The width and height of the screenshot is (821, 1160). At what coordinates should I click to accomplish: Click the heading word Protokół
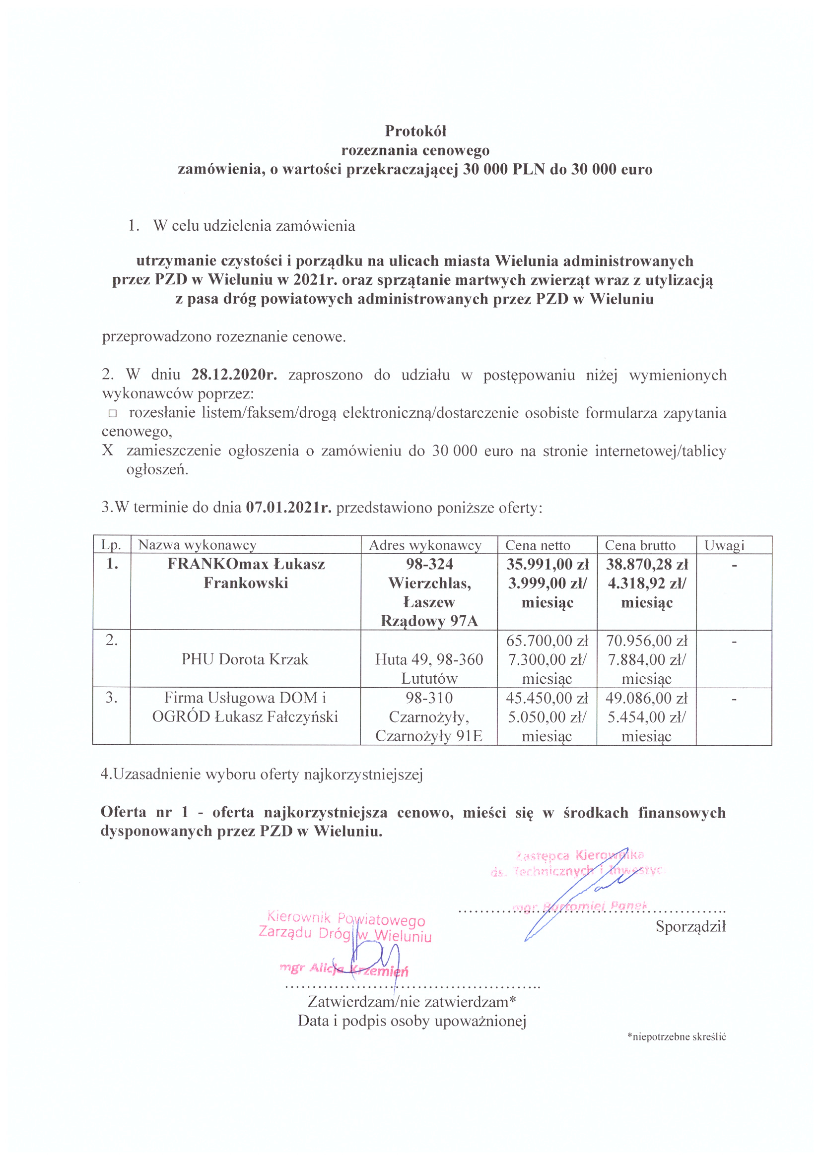(415, 131)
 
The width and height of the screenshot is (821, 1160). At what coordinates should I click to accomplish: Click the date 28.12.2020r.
(234, 375)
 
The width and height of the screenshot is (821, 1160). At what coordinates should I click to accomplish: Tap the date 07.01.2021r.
(289, 507)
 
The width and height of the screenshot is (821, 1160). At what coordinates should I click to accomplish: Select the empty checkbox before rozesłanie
(112, 413)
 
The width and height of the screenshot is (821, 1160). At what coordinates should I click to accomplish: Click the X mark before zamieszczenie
(108, 450)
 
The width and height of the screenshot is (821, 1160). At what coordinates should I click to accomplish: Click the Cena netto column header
(538, 545)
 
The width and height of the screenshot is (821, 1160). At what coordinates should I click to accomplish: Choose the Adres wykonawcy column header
(425, 545)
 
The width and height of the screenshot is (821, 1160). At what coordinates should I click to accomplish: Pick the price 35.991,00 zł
(547, 564)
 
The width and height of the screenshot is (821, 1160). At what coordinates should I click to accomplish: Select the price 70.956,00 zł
(647, 641)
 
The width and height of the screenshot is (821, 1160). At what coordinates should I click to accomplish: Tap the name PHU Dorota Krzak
(245, 659)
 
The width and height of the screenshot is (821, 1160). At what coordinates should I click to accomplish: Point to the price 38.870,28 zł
(647, 564)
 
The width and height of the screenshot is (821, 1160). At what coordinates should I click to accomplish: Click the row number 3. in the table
(111, 698)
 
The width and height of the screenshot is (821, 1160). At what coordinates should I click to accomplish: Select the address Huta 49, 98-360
(429, 659)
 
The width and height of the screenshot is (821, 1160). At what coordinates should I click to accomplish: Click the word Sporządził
(690, 926)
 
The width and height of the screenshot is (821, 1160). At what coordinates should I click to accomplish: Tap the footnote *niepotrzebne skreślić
(677, 1037)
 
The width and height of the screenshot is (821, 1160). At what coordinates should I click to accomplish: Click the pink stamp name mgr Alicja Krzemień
(344, 969)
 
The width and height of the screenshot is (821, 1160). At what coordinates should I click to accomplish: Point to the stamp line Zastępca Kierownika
(579, 856)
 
